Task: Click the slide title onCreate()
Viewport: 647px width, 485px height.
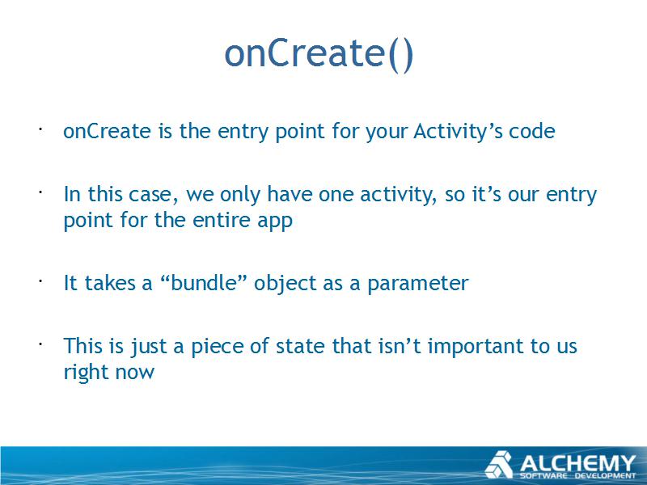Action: pos(319,54)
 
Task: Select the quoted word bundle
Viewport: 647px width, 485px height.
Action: pos(203,283)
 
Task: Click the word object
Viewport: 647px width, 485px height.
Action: pos(285,284)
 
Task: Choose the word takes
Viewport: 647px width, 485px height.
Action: pos(110,283)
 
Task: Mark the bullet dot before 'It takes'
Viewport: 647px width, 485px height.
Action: pos(40,280)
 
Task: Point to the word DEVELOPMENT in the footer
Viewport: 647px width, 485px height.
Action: pos(605,476)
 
